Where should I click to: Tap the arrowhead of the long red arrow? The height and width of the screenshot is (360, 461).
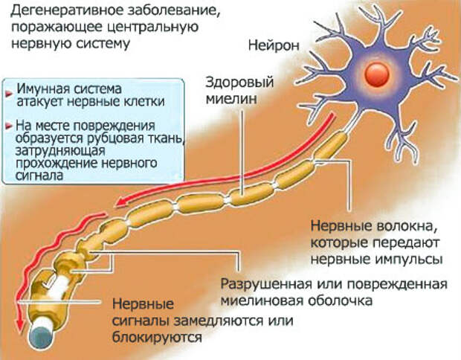click(120, 205)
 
